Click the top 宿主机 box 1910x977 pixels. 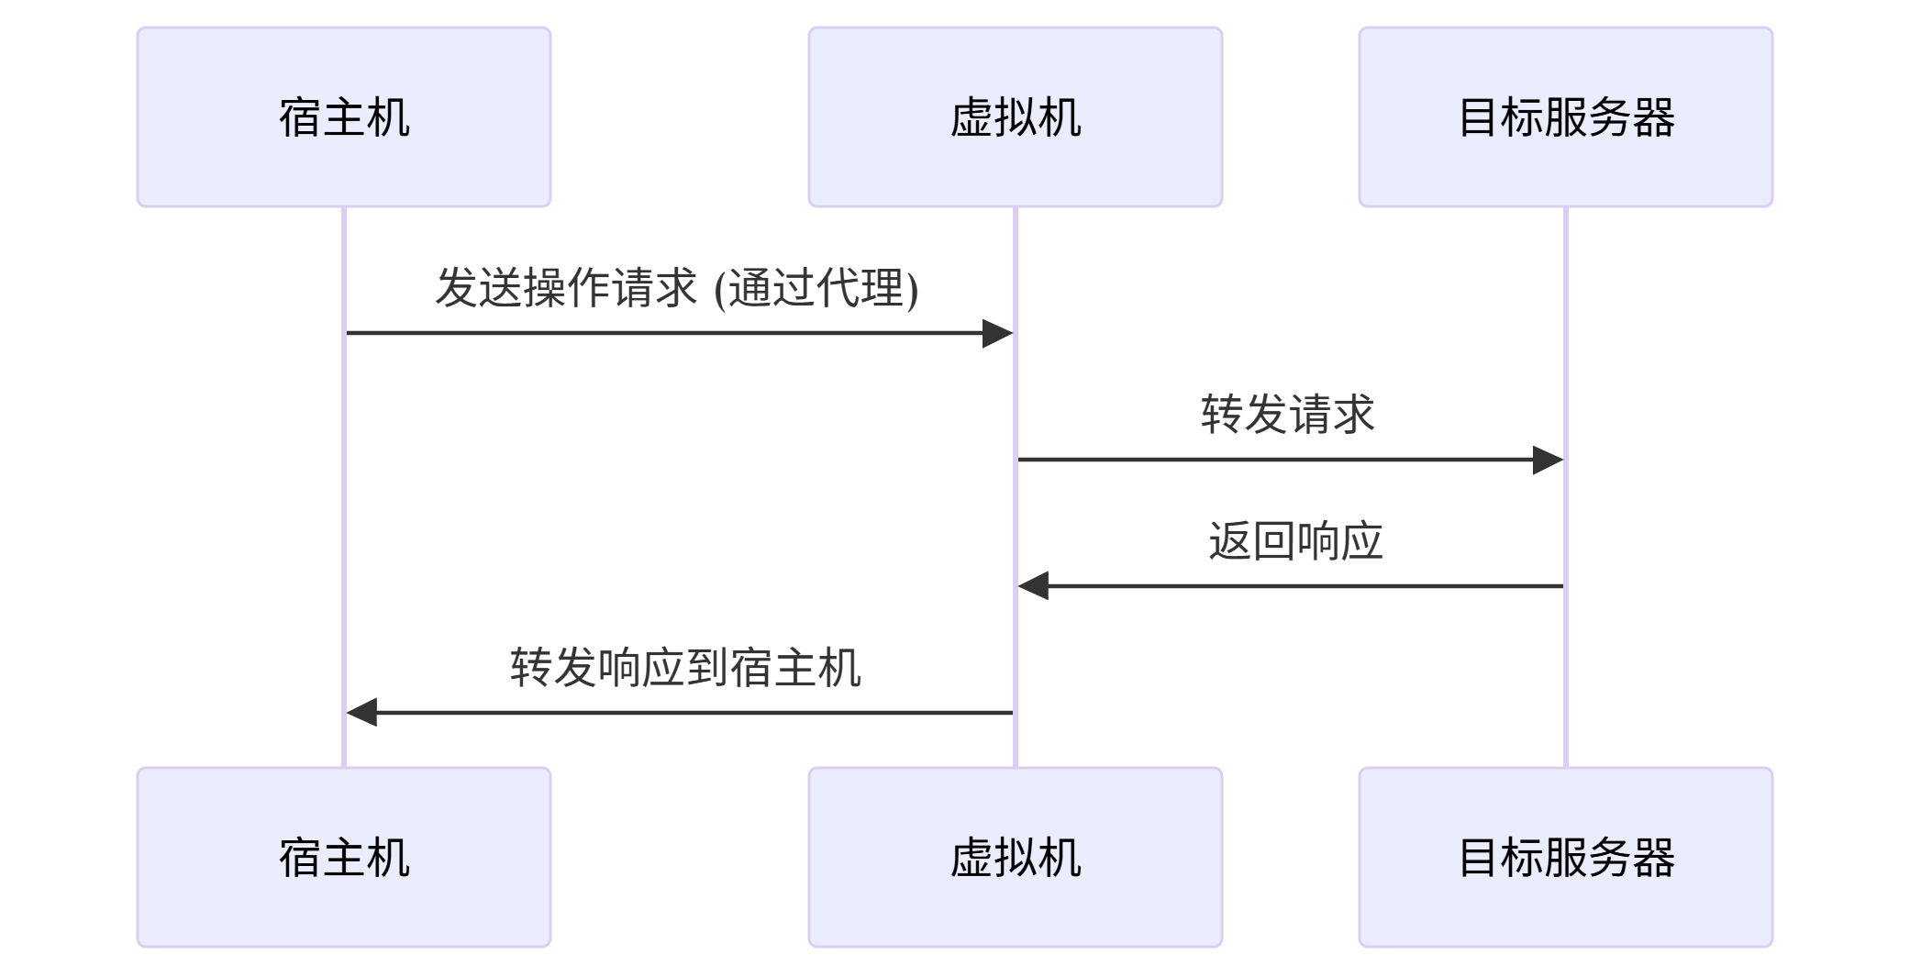[344, 117]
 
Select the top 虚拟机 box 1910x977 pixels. [1015, 117]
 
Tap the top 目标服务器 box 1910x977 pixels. [1565, 117]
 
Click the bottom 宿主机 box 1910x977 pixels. [344, 857]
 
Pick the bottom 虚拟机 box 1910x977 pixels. [1015, 857]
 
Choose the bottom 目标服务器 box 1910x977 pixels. [1565, 857]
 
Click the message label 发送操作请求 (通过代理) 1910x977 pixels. [677, 288]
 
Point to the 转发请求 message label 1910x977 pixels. [1288, 414]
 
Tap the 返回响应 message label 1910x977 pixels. [1294, 540]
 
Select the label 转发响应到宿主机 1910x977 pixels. [685, 667]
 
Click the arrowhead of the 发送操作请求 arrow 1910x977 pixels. [998, 333]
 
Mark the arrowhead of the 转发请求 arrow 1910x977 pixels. [1549, 460]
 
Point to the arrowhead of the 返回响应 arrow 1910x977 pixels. [1032, 585]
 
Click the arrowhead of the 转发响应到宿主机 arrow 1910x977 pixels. [361, 712]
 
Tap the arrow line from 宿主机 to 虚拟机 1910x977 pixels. [661, 333]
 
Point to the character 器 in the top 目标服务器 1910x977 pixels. [1653, 117]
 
